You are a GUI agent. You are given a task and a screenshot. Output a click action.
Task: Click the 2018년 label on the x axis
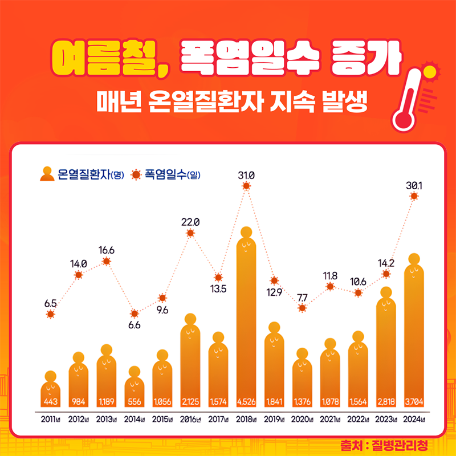pos(246,421)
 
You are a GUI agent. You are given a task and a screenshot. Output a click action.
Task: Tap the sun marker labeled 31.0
pos(246,186)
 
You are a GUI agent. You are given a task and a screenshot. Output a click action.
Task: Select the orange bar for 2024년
pos(414,336)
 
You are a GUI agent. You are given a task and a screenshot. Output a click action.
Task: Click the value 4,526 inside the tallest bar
pos(246,401)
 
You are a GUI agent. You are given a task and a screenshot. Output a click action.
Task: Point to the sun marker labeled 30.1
pos(414,196)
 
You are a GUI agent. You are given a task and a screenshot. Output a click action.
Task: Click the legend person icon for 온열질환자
pos(46,173)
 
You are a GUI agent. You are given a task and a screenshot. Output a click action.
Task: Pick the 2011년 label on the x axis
pos(51,421)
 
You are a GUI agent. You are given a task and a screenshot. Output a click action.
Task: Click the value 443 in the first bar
pos(51,401)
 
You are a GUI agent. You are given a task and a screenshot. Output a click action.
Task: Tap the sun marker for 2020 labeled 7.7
pos(302,308)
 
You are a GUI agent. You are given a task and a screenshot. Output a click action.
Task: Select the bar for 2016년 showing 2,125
pos(190,365)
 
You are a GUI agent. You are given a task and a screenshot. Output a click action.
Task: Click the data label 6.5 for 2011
pos(51,303)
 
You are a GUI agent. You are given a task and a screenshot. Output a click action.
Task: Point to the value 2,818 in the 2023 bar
pos(386,401)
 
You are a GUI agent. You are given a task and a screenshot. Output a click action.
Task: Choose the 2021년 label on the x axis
pos(330,421)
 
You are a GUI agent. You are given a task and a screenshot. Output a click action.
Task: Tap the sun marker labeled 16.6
pos(107,262)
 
